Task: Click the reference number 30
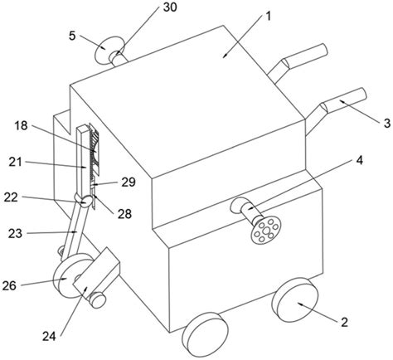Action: [x=170, y=7]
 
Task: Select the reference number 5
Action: [x=72, y=36]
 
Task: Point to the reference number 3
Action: [x=387, y=123]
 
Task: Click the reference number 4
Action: [x=359, y=161]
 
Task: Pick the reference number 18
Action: [x=22, y=126]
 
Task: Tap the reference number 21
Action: [x=15, y=162]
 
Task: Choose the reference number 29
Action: [x=129, y=182]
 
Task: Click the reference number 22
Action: [x=11, y=197]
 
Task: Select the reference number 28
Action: [x=124, y=214]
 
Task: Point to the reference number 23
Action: [x=15, y=234]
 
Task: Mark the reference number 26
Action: [x=9, y=285]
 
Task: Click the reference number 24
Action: [x=49, y=337]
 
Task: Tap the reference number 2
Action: [x=344, y=323]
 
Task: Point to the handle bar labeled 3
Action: [x=346, y=101]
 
